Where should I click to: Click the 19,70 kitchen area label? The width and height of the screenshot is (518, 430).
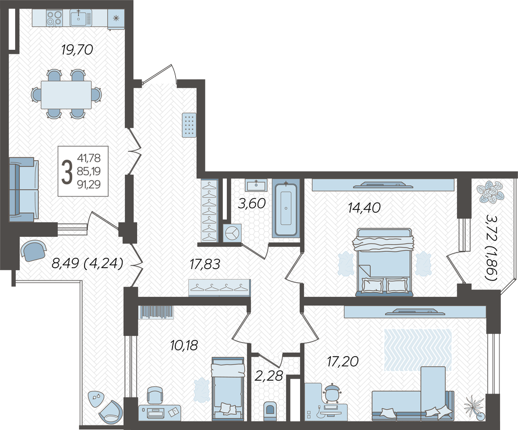(x=77, y=50)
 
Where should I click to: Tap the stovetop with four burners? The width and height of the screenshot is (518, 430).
(x=54, y=18)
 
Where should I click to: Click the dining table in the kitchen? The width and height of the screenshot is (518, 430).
(x=66, y=95)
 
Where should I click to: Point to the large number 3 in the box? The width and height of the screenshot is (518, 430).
(x=67, y=171)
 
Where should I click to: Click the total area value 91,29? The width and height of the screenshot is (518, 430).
(x=89, y=184)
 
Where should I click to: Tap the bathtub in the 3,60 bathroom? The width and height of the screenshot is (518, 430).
(x=286, y=209)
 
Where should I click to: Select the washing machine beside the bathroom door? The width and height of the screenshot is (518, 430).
(x=232, y=233)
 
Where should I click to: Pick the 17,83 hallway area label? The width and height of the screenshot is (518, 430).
(x=205, y=264)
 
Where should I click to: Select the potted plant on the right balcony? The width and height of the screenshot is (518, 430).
(x=491, y=191)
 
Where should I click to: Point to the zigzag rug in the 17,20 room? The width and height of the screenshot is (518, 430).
(x=418, y=349)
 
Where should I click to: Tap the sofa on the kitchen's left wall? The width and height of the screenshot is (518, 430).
(x=23, y=189)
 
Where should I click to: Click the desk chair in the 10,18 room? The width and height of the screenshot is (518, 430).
(x=155, y=395)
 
